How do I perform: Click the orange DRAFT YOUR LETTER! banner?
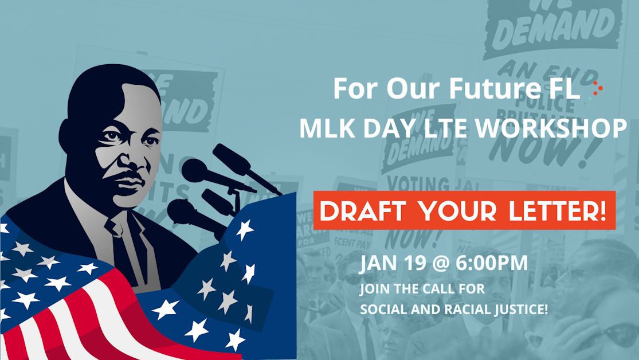tap(464, 210)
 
